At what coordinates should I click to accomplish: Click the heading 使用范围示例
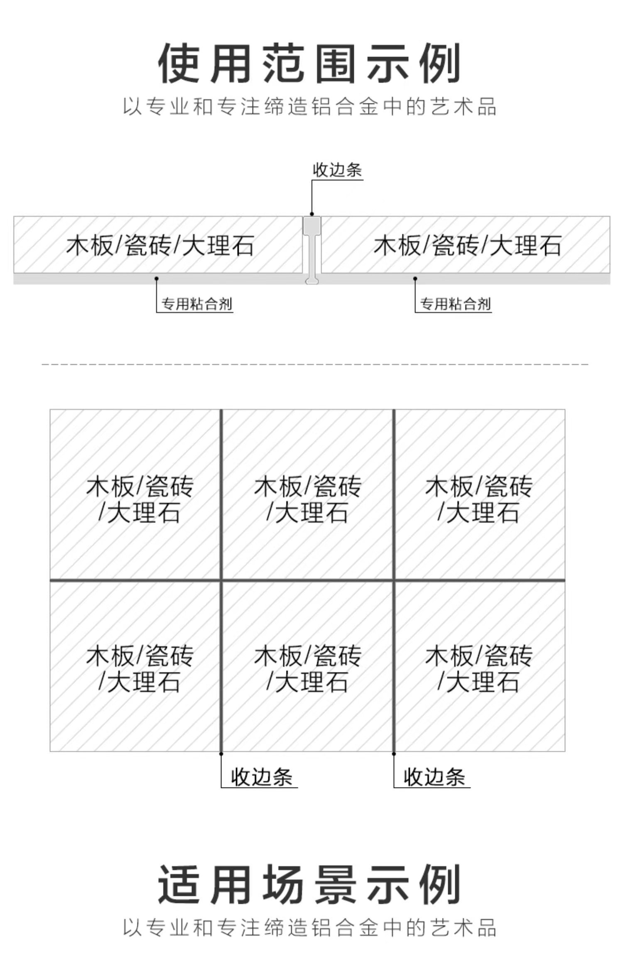pos(309,63)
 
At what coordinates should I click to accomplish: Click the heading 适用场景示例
pos(309,884)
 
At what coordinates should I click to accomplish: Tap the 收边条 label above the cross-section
pos(337,170)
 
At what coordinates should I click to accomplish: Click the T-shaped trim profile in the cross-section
pos(312,249)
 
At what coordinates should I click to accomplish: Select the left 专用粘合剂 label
pos(196,304)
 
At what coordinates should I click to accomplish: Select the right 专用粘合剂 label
pos(455,304)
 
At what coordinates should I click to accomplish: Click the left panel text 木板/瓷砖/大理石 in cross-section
pos(160,245)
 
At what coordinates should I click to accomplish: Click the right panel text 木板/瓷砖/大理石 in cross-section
pos(467,245)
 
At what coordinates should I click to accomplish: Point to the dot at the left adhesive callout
pos(157,279)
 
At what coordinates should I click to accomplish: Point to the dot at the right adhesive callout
pos(415,279)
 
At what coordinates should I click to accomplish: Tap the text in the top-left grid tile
pos(140,499)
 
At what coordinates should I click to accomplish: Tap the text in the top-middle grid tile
pos(308,499)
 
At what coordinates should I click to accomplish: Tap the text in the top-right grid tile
pos(478,499)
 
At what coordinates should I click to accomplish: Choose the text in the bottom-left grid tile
pos(140,669)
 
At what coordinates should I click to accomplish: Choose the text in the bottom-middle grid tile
pos(308,669)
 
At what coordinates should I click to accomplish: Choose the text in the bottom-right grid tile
pos(478,669)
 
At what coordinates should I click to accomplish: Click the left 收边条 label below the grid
pos(262,777)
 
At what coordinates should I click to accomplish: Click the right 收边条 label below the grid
pos(434,777)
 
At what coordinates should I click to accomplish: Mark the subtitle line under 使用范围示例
pos(309,106)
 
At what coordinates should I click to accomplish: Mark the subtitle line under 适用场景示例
pos(309,928)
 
